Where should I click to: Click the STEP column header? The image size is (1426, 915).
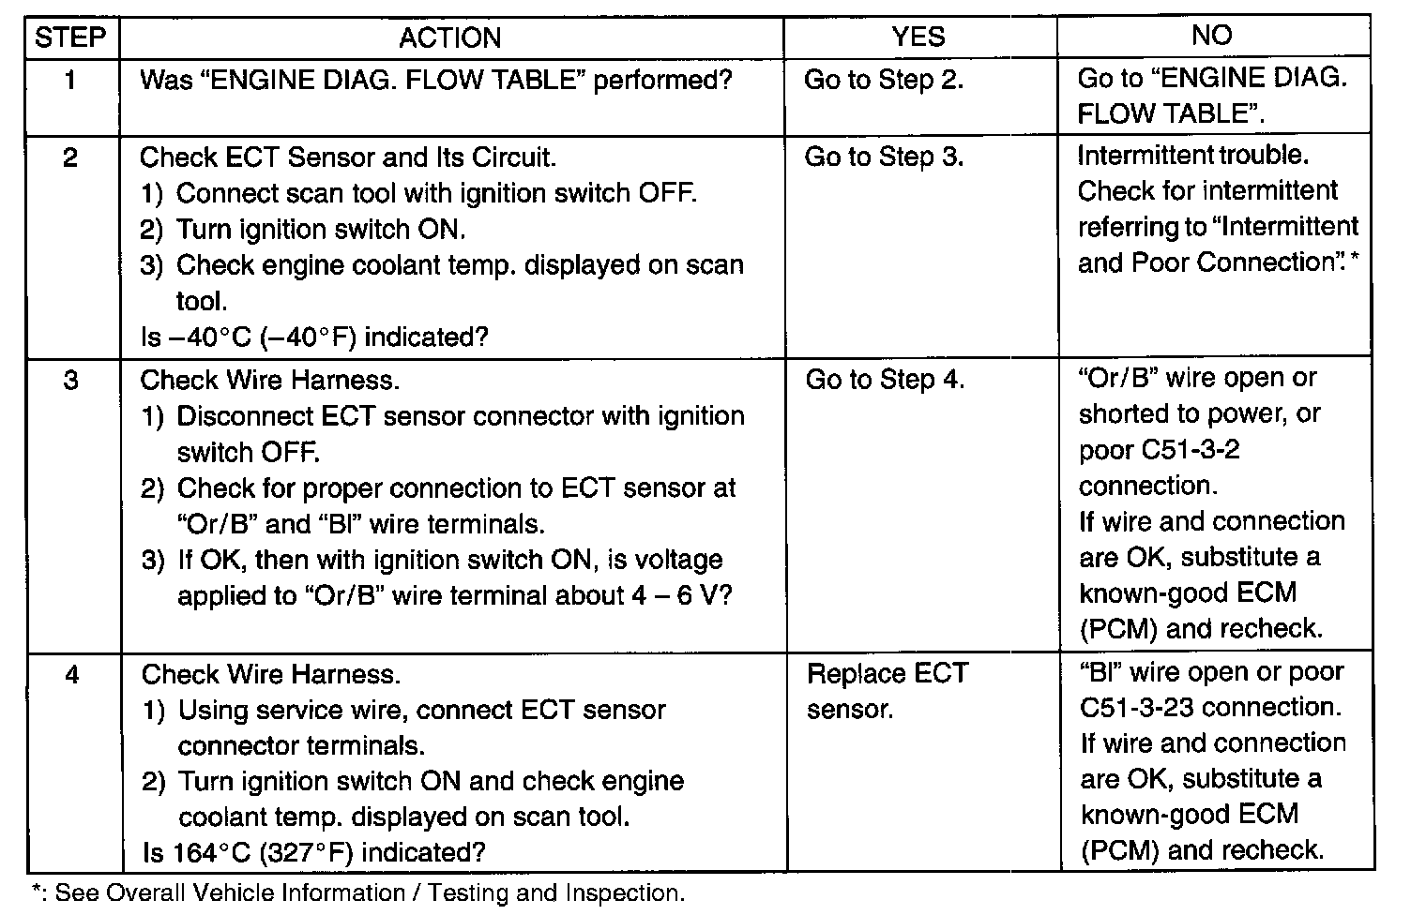tap(70, 37)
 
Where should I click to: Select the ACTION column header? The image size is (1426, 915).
tap(450, 38)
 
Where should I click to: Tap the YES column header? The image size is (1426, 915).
tap(918, 37)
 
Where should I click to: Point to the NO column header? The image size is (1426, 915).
tap(1211, 35)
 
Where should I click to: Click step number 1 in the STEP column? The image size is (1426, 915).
tap(70, 81)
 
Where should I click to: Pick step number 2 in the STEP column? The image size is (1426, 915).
tap(70, 157)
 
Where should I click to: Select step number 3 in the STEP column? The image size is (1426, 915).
tap(71, 380)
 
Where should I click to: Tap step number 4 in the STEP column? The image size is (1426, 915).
tap(72, 674)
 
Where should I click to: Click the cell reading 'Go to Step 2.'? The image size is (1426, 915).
tap(884, 81)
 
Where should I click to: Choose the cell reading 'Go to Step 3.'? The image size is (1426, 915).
tap(885, 157)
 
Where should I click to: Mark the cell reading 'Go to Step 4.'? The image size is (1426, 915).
tap(886, 380)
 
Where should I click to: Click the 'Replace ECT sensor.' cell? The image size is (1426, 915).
tap(888, 691)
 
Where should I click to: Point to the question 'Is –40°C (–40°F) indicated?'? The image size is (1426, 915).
tap(314, 337)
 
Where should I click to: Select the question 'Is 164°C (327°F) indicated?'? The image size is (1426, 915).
tap(314, 852)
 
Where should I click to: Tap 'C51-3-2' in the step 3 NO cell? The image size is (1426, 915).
tap(1160, 450)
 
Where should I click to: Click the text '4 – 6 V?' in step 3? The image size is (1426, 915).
tap(682, 595)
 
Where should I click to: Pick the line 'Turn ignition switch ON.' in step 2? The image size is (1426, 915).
tap(303, 229)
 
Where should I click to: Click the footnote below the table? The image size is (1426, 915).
tap(358, 893)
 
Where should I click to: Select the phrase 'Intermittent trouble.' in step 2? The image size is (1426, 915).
tap(1193, 156)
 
